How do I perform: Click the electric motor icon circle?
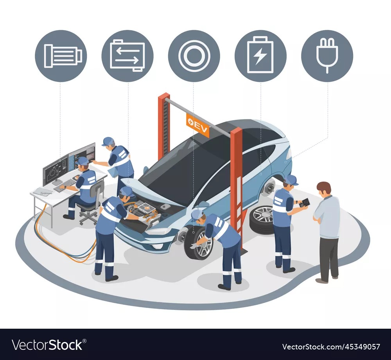point(61,56)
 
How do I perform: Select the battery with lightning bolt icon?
point(260,56)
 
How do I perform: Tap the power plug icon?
point(327,56)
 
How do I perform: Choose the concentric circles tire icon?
point(194,56)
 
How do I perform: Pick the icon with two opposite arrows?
point(127,56)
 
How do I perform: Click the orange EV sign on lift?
point(197,125)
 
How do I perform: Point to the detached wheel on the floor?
point(262,220)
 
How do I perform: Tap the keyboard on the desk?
point(65,185)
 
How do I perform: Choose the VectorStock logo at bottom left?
point(47,345)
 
